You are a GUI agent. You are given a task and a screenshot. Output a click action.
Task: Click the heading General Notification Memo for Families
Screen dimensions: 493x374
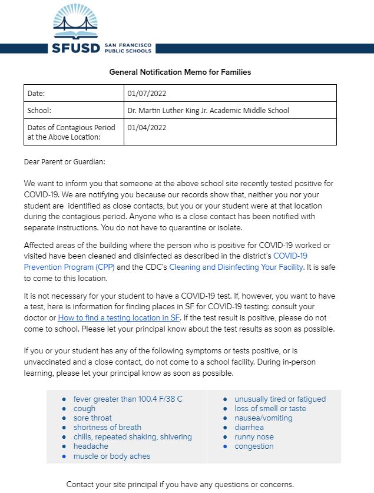[180, 72]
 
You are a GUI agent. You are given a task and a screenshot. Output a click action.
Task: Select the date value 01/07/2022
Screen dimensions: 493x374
[151, 93]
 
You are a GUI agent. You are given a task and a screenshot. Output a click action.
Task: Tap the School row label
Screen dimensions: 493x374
[39, 110]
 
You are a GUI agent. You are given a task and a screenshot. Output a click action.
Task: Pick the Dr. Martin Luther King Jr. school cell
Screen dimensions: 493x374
[208, 110]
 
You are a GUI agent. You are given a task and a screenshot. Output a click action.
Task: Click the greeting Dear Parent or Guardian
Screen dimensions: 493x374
[64, 161]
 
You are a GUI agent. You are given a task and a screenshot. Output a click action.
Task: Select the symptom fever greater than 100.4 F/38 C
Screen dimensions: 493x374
[128, 399]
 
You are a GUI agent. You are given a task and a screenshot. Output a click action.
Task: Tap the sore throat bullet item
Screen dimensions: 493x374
[92, 418]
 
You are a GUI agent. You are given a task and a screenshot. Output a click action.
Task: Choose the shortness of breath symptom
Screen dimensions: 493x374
[107, 427]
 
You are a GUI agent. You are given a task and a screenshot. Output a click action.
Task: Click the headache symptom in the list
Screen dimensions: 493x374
[91, 446]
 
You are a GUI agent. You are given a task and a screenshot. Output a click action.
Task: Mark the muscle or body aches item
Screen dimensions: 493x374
[111, 456]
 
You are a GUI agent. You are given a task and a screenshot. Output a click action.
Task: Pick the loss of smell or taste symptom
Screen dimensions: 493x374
[270, 408]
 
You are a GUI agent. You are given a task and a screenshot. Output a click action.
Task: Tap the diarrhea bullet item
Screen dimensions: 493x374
[249, 427]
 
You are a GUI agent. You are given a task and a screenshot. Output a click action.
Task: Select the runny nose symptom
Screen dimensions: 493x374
[254, 437]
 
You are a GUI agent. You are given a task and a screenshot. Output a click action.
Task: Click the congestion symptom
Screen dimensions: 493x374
[254, 446]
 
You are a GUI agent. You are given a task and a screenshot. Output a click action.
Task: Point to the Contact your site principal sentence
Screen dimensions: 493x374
[180, 484]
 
